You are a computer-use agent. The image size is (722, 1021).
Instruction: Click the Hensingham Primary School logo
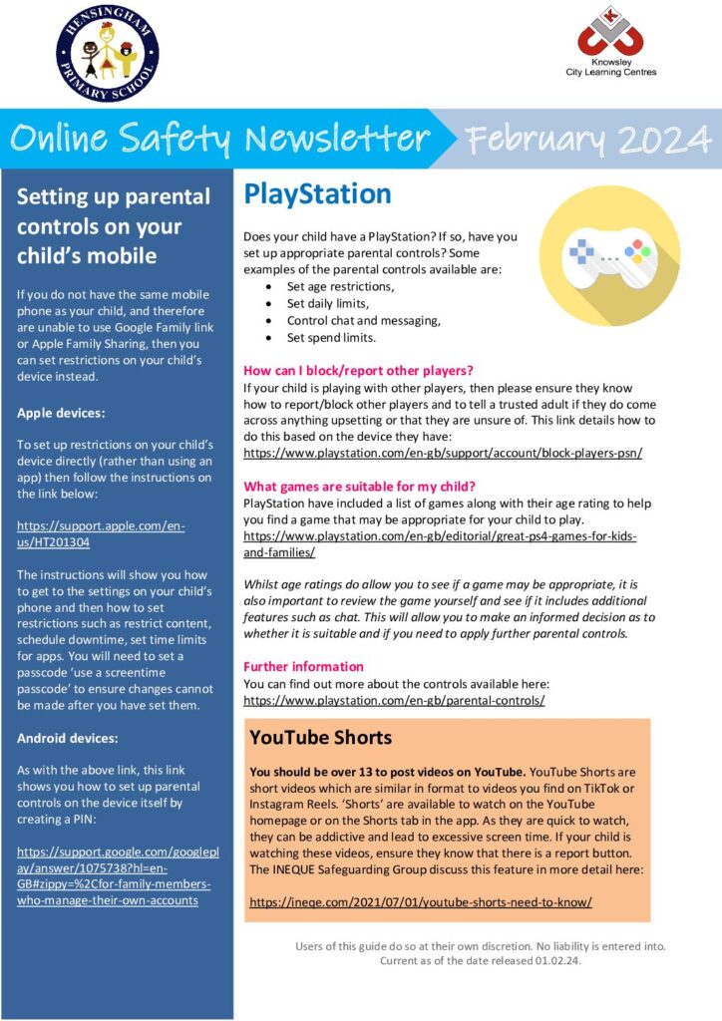pos(107,53)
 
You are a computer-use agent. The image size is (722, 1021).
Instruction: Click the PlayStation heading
pos(317,193)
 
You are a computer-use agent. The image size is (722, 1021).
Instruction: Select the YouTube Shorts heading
pos(321,739)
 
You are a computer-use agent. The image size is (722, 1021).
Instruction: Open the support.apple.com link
pos(100,533)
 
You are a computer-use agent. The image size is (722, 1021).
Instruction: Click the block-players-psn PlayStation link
pos(443,453)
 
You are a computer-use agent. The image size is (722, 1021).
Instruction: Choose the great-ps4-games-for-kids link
pos(440,544)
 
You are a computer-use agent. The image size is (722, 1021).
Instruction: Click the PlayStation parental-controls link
pos(394,700)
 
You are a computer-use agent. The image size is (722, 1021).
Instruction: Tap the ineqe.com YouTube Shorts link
pos(420,901)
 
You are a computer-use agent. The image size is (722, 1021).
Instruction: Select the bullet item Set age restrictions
pos(340,286)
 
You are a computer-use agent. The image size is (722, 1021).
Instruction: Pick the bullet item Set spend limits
pos(332,338)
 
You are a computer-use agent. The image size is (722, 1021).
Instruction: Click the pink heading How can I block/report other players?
pos(358,370)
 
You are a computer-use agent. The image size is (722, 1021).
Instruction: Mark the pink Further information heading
pos(304,666)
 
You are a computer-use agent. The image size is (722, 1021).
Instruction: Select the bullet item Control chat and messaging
pos(364,321)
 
